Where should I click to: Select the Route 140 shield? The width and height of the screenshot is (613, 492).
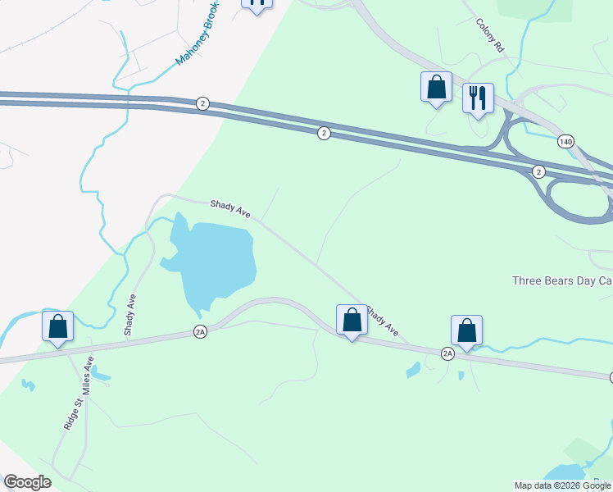565,142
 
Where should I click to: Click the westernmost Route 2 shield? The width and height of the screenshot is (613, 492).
202,103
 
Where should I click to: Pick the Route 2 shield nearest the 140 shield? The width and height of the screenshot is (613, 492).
538,171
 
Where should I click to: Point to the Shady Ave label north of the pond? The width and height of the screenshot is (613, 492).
230,209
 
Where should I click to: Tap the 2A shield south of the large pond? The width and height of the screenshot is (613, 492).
201,331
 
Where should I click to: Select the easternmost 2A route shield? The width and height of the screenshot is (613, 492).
447,353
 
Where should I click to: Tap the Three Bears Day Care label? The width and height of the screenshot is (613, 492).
562,280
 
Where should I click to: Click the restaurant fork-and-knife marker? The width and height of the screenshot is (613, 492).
478,98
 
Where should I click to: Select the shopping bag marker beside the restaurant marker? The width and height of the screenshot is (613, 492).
436,87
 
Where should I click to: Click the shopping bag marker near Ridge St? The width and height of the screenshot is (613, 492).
58,326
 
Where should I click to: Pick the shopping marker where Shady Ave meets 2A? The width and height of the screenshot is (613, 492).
352,320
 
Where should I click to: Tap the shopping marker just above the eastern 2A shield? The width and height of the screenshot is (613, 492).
466,330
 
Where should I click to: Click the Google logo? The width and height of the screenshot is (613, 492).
27,482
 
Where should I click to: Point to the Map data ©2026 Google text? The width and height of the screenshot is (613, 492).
562,485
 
